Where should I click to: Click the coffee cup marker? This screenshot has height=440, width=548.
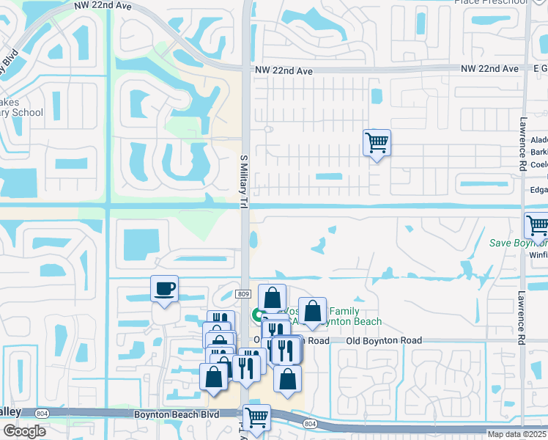(164, 287)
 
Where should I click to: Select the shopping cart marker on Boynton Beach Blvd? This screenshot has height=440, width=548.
(256, 417)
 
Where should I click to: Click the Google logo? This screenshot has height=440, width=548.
(24, 431)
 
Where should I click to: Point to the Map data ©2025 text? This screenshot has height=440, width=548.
(517, 434)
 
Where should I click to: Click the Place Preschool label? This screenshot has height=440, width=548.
(491, 2)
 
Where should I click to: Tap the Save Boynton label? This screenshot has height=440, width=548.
(517, 243)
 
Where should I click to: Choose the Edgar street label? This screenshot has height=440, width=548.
(538, 189)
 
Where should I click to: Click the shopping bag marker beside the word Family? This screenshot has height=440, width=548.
(312, 311)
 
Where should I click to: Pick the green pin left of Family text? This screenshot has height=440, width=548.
(258, 316)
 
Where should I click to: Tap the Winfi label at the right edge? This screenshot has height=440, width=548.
(538, 255)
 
